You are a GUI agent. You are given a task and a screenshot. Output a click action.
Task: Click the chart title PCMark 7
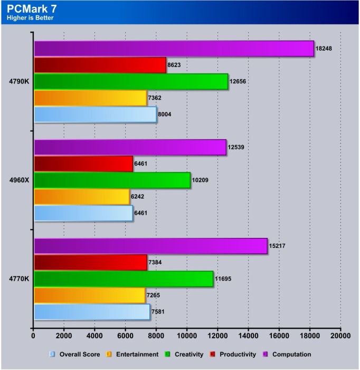pos(33,8)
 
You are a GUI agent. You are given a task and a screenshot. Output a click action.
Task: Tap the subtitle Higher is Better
pos(30,18)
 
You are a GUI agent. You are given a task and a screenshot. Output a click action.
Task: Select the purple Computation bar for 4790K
pos(174,49)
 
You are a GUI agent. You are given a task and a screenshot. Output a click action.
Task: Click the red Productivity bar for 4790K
pos(100,65)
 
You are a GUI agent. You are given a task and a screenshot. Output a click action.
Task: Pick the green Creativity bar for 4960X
pos(112,180)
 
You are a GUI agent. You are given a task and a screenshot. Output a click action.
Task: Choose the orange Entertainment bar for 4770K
pos(89,295)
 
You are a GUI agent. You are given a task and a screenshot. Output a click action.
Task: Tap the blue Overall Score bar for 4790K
pos(95,114)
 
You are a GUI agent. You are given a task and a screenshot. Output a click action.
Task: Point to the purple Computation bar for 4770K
pos(150,246)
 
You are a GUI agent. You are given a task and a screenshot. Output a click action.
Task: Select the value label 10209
pos(201,180)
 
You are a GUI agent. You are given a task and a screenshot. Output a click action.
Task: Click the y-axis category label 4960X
pos(18,180)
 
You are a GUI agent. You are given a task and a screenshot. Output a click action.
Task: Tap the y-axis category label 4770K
pos(18,279)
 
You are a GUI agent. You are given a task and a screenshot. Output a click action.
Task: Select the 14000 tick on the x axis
pos(248,335)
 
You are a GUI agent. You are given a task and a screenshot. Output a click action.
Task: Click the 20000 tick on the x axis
pos(340,335)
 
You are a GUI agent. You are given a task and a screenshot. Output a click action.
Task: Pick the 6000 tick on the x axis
pos(126,335)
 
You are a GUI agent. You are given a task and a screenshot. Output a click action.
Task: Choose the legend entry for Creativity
pos(185,354)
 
